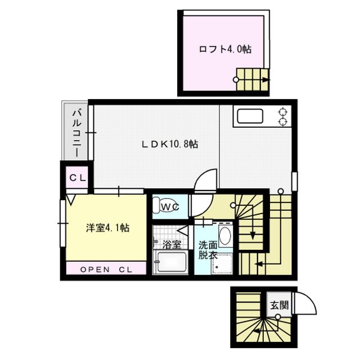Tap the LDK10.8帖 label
click(x=169, y=145)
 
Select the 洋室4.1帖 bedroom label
click(x=108, y=228)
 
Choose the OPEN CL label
click(x=106, y=269)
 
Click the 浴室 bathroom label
click(x=172, y=245)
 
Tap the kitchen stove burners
click(x=282, y=116)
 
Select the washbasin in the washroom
click(x=224, y=237)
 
